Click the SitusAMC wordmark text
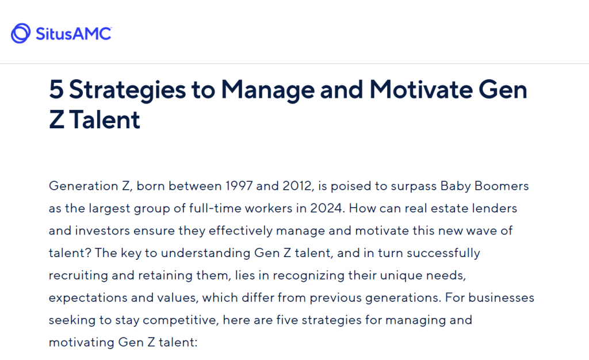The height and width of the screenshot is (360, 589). [74, 34]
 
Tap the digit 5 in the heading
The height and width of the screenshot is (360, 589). [56, 90]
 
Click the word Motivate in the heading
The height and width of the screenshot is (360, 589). [420, 90]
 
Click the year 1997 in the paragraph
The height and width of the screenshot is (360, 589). [239, 186]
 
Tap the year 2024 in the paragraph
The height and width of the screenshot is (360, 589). [327, 208]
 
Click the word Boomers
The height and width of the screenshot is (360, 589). [502, 186]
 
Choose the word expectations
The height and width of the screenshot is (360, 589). [88, 298]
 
